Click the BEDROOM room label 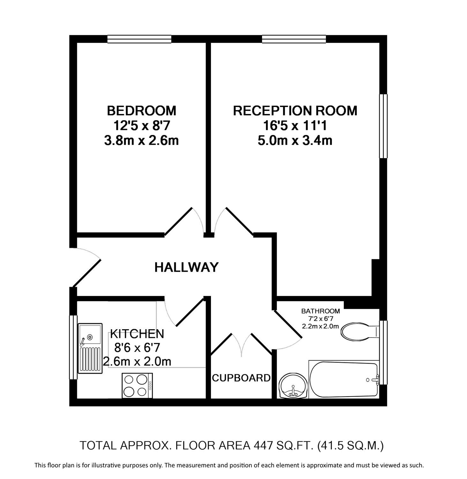(141, 110)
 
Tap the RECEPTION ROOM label (295, 110)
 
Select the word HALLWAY (186, 267)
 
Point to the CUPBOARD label (241, 378)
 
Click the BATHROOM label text (320, 311)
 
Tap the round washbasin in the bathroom (293, 386)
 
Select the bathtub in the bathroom (344, 379)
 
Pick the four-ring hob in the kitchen (137, 385)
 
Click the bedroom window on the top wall (139, 39)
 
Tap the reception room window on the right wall (383, 126)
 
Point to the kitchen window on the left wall (73, 347)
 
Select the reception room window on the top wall (294, 39)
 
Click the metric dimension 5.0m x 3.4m (295, 141)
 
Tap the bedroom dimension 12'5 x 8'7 (141, 125)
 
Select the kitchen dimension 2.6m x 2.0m (137, 361)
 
